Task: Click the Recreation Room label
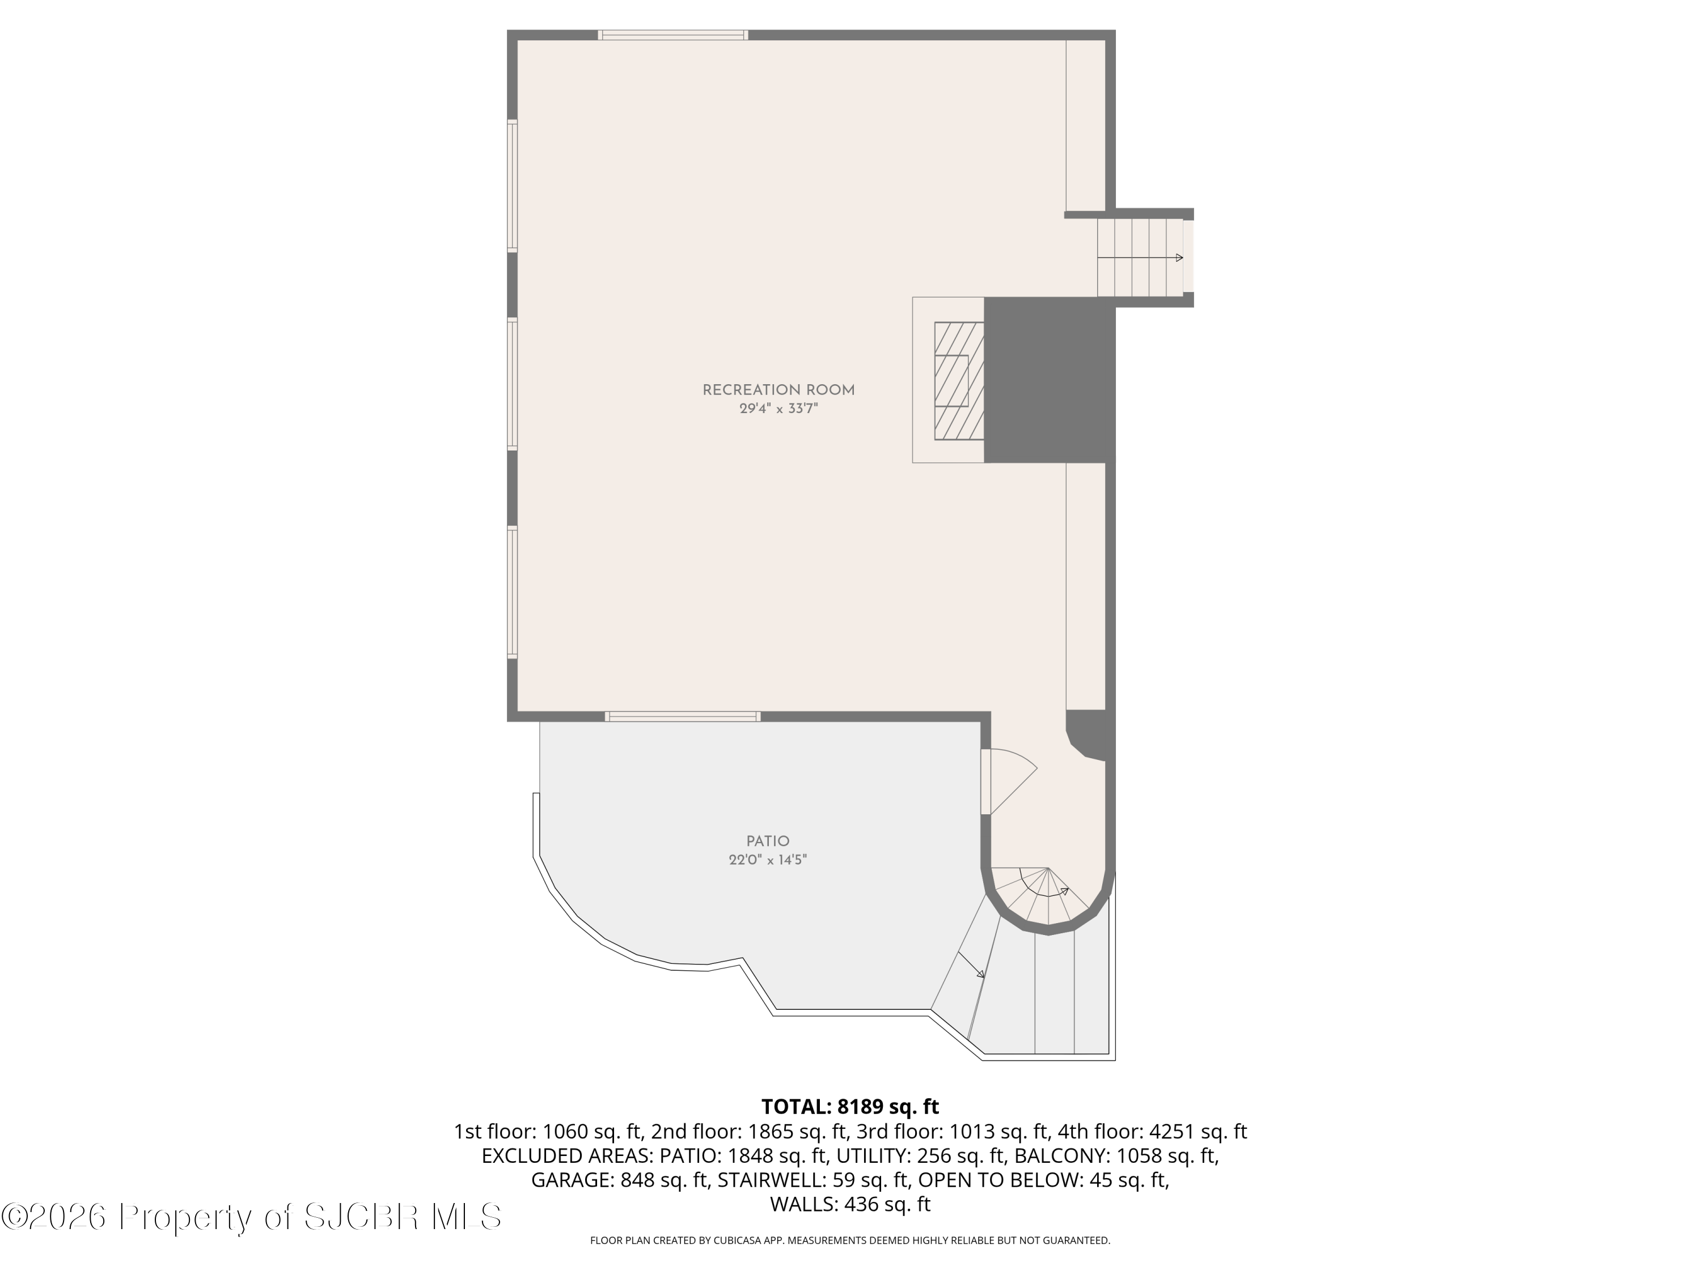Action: pyautogui.click(x=778, y=390)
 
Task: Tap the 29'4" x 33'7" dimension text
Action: pyautogui.click(x=778, y=410)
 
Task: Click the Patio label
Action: pyautogui.click(x=768, y=841)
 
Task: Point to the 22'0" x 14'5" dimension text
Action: pyautogui.click(x=768, y=860)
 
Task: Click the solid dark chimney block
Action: pyautogui.click(x=1048, y=380)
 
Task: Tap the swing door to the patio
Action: pyautogui.click(x=1008, y=781)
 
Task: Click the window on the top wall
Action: pyautogui.click(x=673, y=35)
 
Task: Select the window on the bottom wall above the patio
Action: pyautogui.click(x=682, y=716)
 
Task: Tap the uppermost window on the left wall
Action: pyautogui.click(x=512, y=185)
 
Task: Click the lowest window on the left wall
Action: pyautogui.click(x=512, y=592)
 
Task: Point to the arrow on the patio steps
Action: pyautogui.click(x=971, y=965)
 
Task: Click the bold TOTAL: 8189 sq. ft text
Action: pyautogui.click(x=850, y=1107)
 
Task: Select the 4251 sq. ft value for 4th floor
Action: pyautogui.click(x=1198, y=1131)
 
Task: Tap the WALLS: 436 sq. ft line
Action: pyautogui.click(x=850, y=1204)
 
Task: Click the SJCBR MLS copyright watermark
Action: pyautogui.click(x=251, y=1216)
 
